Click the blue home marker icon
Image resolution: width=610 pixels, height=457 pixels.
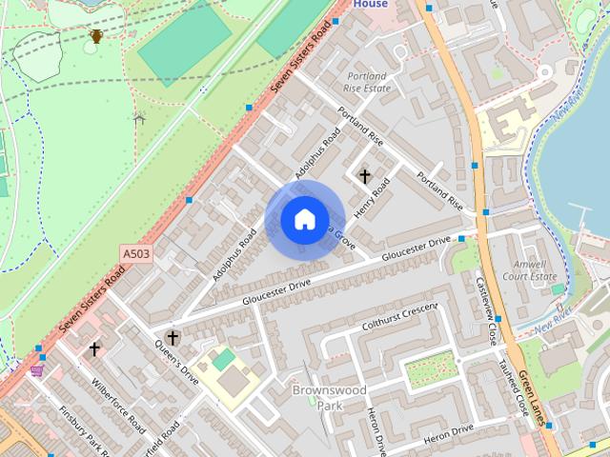point(304,219)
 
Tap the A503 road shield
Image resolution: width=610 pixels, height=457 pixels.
point(136,254)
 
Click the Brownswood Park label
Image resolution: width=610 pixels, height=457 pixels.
point(316,398)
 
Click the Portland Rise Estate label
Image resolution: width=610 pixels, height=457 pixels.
point(367,82)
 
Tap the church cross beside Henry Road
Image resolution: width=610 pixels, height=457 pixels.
point(364,176)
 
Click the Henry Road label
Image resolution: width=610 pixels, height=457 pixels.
point(372,201)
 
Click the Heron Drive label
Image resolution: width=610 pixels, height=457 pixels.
point(447,434)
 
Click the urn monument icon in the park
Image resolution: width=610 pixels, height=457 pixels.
point(95,37)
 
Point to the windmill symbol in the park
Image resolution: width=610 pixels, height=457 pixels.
point(139,119)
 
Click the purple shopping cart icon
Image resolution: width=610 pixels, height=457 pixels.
point(37,369)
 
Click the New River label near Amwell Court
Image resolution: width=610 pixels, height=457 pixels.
point(552,322)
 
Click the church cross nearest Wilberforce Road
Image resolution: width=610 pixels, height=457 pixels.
point(94,349)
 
